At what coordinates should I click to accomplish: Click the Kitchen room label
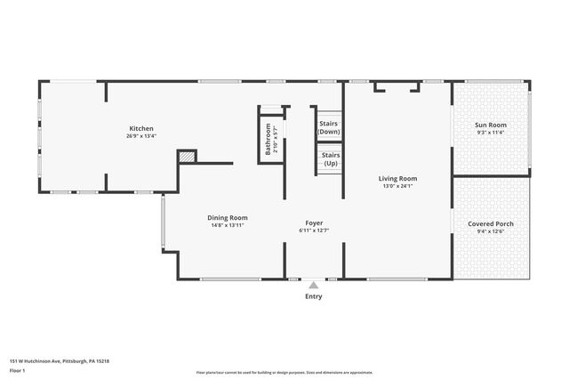pyautogui.click(x=142, y=129)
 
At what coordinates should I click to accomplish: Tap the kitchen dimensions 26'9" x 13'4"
pyautogui.click(x=142, y=136)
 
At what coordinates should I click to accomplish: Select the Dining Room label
pyautogui.click(x=228, y=217)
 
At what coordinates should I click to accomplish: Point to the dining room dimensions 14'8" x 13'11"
pyautogui.click(x=228, y=225)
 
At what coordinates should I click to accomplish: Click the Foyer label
pyautogui.click(x=314, y=222)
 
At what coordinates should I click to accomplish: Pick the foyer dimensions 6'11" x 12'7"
pyautogui.click(x=314, y=230)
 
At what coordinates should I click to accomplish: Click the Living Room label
pyautogui.click(x=398, y=178)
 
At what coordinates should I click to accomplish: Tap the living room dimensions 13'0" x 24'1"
pyautogui.click(x=398, y=186)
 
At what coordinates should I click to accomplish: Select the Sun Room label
pyautogui.click(x=491, y=125)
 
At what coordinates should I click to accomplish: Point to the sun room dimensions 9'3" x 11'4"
pyautogui.click(x=491, y=133)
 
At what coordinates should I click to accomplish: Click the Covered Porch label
pyautogui.click(x=491, y=223)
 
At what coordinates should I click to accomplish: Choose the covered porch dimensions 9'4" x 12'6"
pyautogui.click(x=491, y=231)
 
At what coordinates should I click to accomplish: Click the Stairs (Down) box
pyautogui.click(x=329, y=127)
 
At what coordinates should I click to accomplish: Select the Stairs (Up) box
pyautogui.click(x=330, y=159)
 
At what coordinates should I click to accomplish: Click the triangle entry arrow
pyautogui.click(x=313, y=286)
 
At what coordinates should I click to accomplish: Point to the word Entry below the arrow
pyautogui.click(x=313, y=296)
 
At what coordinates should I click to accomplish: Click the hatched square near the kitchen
pyautogui.click(x=186, y=157)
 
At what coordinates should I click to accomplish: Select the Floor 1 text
pyautogui.click(x=19, y=371)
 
